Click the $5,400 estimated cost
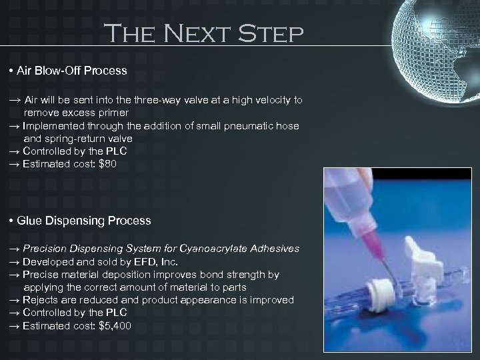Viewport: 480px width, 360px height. click(x=115, y=325)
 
